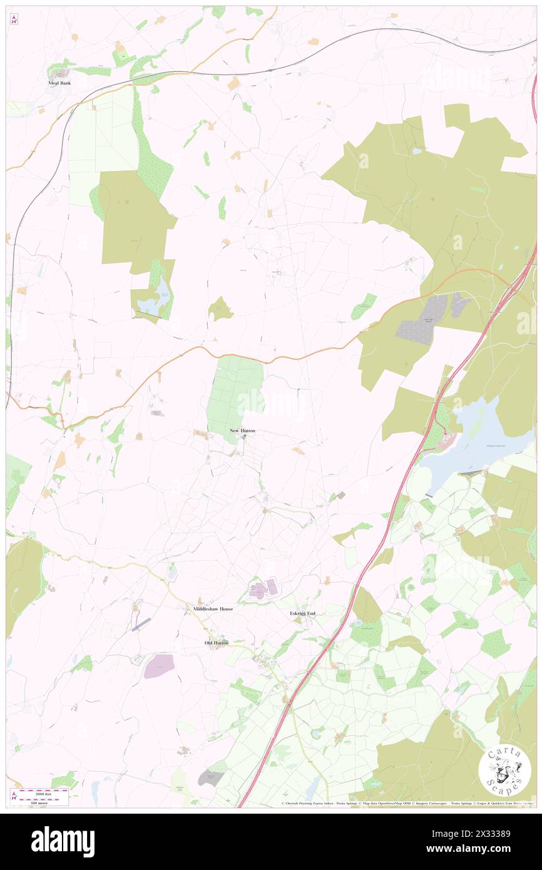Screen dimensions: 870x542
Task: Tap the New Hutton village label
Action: [242, 431]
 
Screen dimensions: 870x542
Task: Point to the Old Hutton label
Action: [217, 643]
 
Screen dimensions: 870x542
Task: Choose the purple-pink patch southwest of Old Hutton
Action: [159, 666]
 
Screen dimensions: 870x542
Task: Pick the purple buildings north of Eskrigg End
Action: [263, 588]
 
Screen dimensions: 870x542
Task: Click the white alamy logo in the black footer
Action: [63, 842]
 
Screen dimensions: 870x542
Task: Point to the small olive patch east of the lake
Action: [220, 309]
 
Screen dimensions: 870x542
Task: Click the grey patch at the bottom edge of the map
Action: [210, 778]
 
